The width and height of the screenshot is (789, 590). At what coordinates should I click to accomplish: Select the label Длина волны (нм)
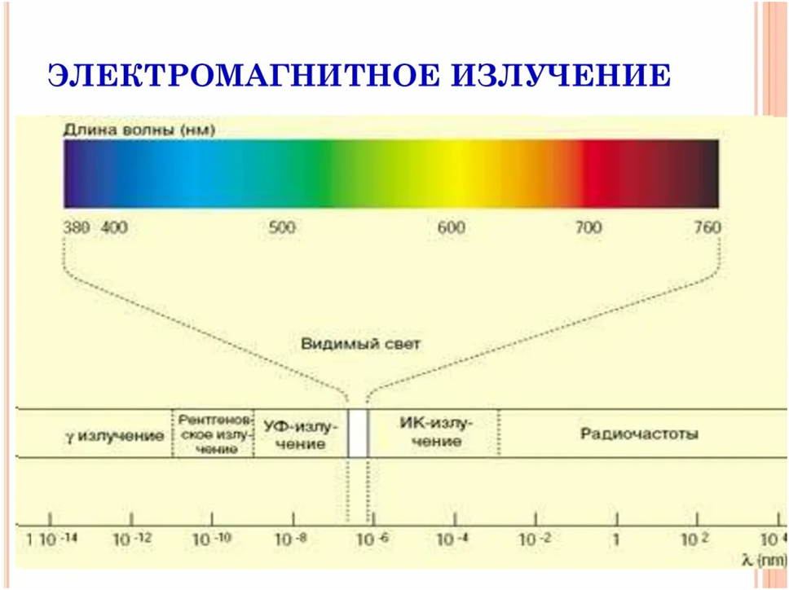pyautogui.click(x=143, y=128)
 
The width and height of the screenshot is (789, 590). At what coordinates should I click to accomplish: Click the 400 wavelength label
pyautogui.click(x=114, y=227)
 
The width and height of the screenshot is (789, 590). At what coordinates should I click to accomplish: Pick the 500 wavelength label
pyautogui.click(x=282, y=227)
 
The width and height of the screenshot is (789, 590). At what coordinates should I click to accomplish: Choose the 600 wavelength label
pyautogui.click(x=451, y=227)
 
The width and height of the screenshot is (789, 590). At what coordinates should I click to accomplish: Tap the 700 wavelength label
pyautogui.click(x=588, y=227)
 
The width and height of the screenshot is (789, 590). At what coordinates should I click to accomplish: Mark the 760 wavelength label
pyautogui.click(x=707, y=227)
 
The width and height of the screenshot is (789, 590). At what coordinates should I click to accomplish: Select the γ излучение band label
pyautogui.click(x=115, y=435)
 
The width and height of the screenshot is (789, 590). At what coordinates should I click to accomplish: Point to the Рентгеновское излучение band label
pyautogui.click(x=213, y=433)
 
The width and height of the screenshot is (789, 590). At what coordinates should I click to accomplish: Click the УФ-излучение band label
pyautogui.click(x=295, y=434)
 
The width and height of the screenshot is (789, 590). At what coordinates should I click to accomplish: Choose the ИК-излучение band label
pyautogui.click(x=432, y=432)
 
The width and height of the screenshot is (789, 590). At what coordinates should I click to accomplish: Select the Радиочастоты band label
pyautogui.click(x=639, y=434)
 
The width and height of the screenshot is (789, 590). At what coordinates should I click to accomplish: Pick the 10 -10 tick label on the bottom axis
pyautogui.click(x=212, y=539)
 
